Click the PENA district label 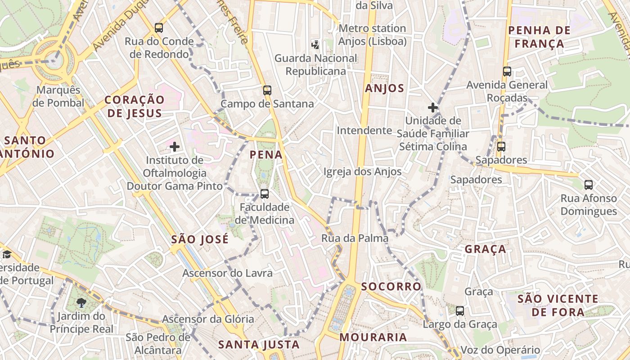point(266,155)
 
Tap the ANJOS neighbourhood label point(384,88)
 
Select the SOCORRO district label point(391,286)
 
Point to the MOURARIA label point(373,337)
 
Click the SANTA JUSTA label point(259,345)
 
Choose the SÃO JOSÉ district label point(200,239)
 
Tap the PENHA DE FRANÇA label point(539,37)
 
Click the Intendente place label point(364,130)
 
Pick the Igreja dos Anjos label point(362,171)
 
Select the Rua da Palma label point(355,238)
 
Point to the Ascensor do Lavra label point(227,273)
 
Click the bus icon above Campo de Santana point(267,90)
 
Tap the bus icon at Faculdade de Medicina point(265,194)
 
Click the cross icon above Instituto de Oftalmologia point(175,146)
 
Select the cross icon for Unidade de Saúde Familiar point(433,108)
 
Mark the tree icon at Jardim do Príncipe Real point(81,302)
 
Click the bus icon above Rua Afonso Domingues point(589,184)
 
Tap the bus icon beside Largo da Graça point(460,310)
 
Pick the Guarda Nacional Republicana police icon point(315,45)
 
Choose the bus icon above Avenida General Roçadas point(507,72)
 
